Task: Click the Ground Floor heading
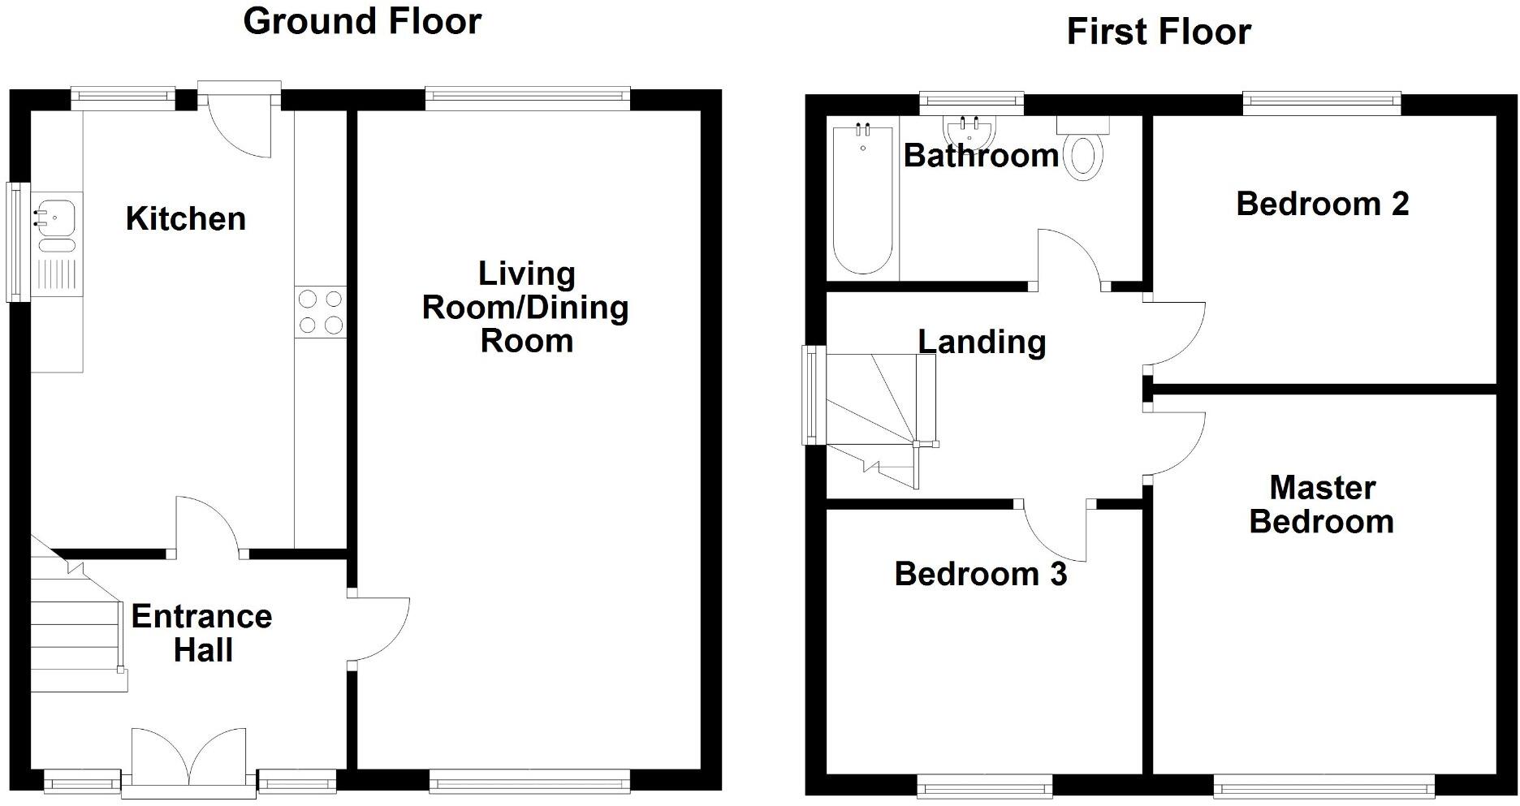[x=362, y=21]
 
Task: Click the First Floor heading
[x=1158, y=32]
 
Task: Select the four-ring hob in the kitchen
[x=321, y=312]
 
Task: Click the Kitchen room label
[x=185, y=219]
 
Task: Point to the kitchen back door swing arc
[x=244, y=134]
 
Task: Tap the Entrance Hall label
[x=201, y=633]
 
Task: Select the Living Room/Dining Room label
[x=525, y=308]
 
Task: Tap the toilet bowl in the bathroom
[x=1085, y=157]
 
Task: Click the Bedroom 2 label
[x=1322, y=204]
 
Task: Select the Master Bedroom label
[x=1322, y=505]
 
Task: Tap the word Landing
[x=982, y=342]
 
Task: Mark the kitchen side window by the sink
[x=17, y=242]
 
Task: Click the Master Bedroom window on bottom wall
[x=1324, y=785]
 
